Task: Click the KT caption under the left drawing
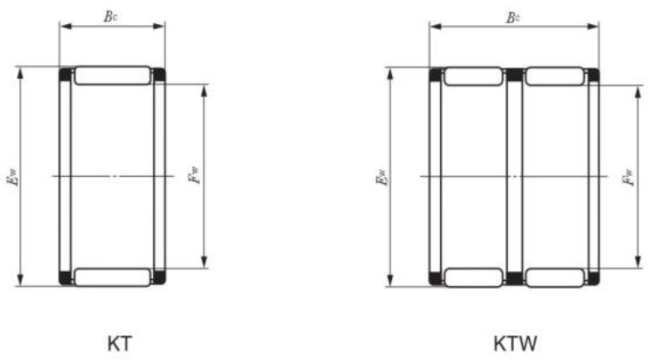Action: pyautogui.click(x=120, y=344)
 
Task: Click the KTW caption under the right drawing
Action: pyautogui.click(x=515, y=344)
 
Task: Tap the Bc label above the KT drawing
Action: pyautogui.click(x=110, y=16)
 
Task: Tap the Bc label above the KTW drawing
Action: pyautogui.click(x=512, y=18)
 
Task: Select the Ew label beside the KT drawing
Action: pyautogui.click(x=12, y=177)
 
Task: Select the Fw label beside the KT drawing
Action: pyautogui.click(x=194, y=175)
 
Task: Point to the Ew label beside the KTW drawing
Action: pyautogui.click(x=381, y=177)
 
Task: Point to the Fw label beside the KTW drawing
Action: pyautogui.click(x=628, y=177)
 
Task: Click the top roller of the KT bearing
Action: pyautogui.click(x=112, y=75)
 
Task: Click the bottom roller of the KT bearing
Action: pyautogui.click(x=112, y=277)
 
